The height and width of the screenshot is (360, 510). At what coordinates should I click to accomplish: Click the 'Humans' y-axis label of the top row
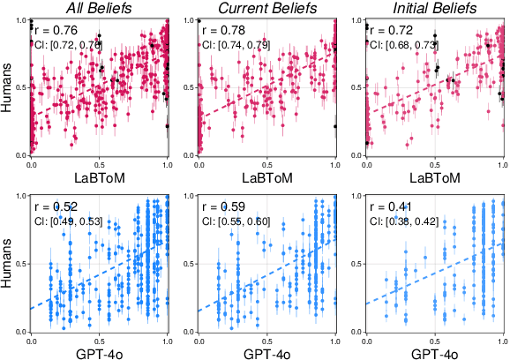(8, 87)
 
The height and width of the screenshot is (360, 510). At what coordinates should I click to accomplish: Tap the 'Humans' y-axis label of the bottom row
(8, 264)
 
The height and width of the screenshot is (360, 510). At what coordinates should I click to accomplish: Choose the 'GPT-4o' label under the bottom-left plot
(100, 353)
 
